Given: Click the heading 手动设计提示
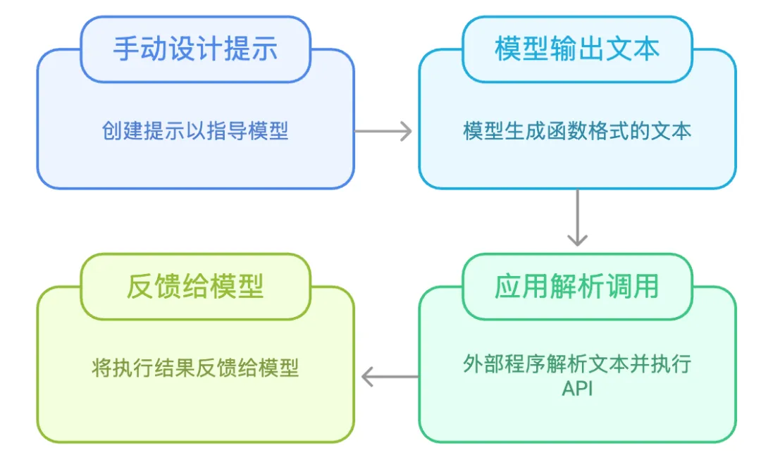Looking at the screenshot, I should coord(195,49).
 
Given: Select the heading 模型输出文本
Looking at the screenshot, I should coord(577,49).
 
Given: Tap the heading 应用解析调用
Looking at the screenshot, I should coord(577,287).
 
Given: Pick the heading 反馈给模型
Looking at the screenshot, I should coord(195,287).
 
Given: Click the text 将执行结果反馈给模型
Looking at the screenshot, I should coord(195,368).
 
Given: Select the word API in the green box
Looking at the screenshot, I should coord(577,388).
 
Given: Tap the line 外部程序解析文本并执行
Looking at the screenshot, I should coord(577,365).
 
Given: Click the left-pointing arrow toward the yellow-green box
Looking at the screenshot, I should coord(389,378).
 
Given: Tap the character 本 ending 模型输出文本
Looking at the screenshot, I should coord(646,49).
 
